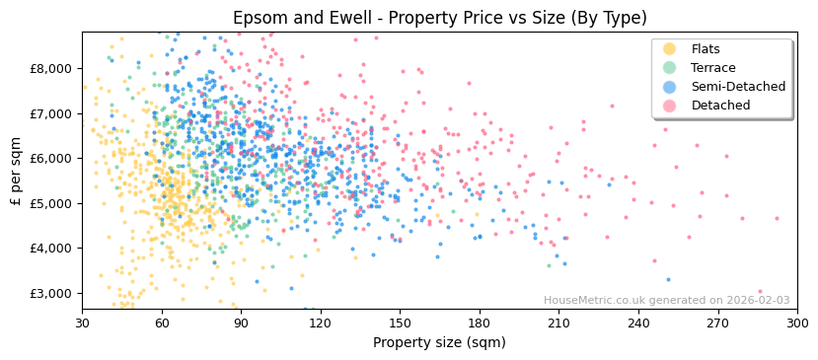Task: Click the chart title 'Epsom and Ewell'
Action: coord(439,18)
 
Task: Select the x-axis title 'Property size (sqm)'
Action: coord(439,342)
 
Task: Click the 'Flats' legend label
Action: coord(706,49)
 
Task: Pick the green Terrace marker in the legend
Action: coord(669,68)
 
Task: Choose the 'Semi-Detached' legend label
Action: coord(738,87)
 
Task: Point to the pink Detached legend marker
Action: coord(669,106)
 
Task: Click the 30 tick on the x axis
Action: coord(82,323)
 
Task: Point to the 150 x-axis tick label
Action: coord(400,323)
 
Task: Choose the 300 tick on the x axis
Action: coord(796,323)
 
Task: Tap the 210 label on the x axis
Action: coord(558,323)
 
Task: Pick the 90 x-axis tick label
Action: coord(241,323)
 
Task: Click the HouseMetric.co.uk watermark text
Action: coord(666,301)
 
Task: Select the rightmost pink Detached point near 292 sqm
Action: coord(777,218)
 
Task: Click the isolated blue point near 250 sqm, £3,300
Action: coord(668,279)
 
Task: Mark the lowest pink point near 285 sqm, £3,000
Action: coord(760,292)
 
